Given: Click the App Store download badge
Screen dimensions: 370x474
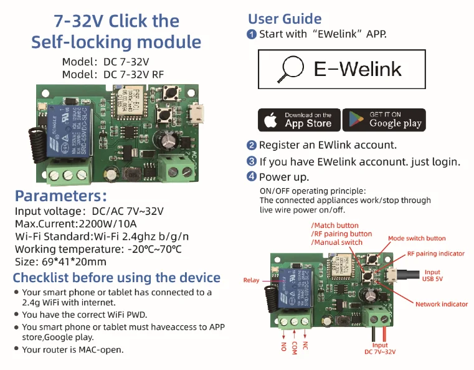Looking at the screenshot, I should tap(299, 120).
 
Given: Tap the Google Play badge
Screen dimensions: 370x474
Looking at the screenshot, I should tap(384, 120).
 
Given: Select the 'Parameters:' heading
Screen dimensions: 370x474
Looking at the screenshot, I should tap(61, 196).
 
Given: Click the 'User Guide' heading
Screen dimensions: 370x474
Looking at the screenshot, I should tap(285, 19).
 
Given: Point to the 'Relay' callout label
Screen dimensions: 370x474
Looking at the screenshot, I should tap(251, 280).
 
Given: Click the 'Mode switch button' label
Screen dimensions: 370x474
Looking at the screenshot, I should tap(417, 239).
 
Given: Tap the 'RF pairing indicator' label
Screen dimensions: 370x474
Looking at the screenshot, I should tap(436, 254).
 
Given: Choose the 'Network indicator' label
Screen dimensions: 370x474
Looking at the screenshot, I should tap(442, 304).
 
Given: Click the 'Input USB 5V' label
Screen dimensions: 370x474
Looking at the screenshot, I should tap(432, 276).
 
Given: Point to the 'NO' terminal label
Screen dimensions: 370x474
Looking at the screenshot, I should tap(283, 345).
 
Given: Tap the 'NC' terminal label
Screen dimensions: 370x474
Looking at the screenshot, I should tap(305, 345).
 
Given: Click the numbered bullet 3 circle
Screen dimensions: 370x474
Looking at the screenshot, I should tap(252, 161).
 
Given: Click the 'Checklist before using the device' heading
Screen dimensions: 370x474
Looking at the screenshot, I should tap(116, 278).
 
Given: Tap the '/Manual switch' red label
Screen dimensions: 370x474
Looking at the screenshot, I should tap(337, 242).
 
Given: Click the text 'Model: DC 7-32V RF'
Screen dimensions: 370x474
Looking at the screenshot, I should tap(113, 74).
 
